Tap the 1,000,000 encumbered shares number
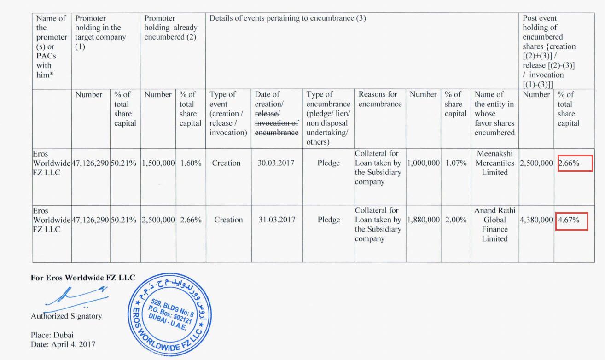tap(424, 163)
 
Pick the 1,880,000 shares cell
tap(424, 220)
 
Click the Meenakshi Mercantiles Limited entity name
tap(494, 163)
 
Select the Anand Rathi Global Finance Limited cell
tap(494, 225)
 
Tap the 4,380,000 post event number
tap(536, 220)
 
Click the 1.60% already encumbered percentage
tap(191, 163)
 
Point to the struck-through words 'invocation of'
tap(276, 123)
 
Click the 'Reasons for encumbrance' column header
tap(378, 99)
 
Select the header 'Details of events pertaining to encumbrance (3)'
tap(288, 18)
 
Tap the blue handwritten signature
tap(76, 296)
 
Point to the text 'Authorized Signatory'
tap(66, 316)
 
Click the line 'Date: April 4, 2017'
tap(64, 344)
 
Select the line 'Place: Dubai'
tap(52, 335)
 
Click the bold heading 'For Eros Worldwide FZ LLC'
tap(83, 278)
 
